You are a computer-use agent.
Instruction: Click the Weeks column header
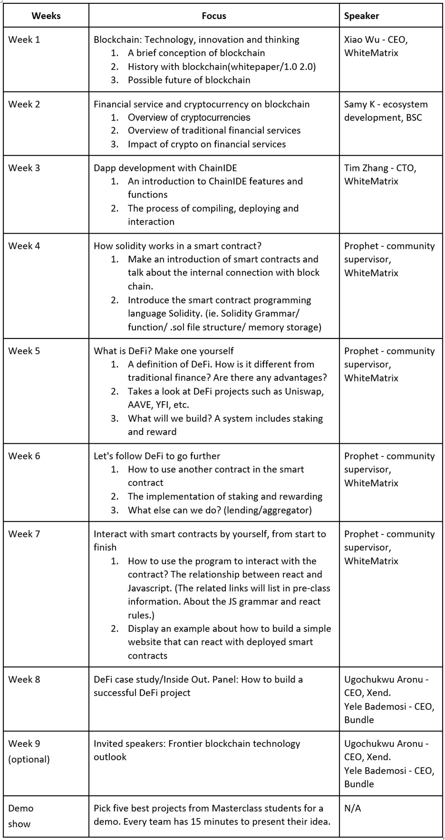(46, 16)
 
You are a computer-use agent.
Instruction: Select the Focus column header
(214, 16)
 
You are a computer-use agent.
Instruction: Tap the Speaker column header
(362, 16)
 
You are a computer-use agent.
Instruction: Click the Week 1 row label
(24, 40)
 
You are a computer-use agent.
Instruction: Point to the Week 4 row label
(24, 246)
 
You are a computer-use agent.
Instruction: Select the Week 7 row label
(24, 534)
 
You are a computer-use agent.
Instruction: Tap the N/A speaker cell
(353, 809)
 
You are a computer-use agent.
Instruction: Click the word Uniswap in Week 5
(304, 391)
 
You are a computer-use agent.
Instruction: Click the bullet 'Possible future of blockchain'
(189, 80)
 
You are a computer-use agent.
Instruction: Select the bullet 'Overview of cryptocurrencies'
(189, 118)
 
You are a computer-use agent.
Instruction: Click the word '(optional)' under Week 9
(29, 760)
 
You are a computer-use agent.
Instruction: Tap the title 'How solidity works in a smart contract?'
(178, 246)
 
